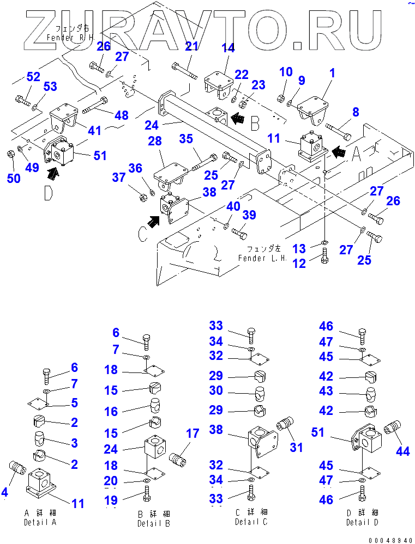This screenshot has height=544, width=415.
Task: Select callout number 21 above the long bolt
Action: point(191,47)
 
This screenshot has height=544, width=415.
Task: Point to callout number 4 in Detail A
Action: point(5,493)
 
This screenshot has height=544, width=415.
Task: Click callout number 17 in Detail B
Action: point(192,435)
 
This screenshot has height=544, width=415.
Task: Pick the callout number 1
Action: point(332,73)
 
